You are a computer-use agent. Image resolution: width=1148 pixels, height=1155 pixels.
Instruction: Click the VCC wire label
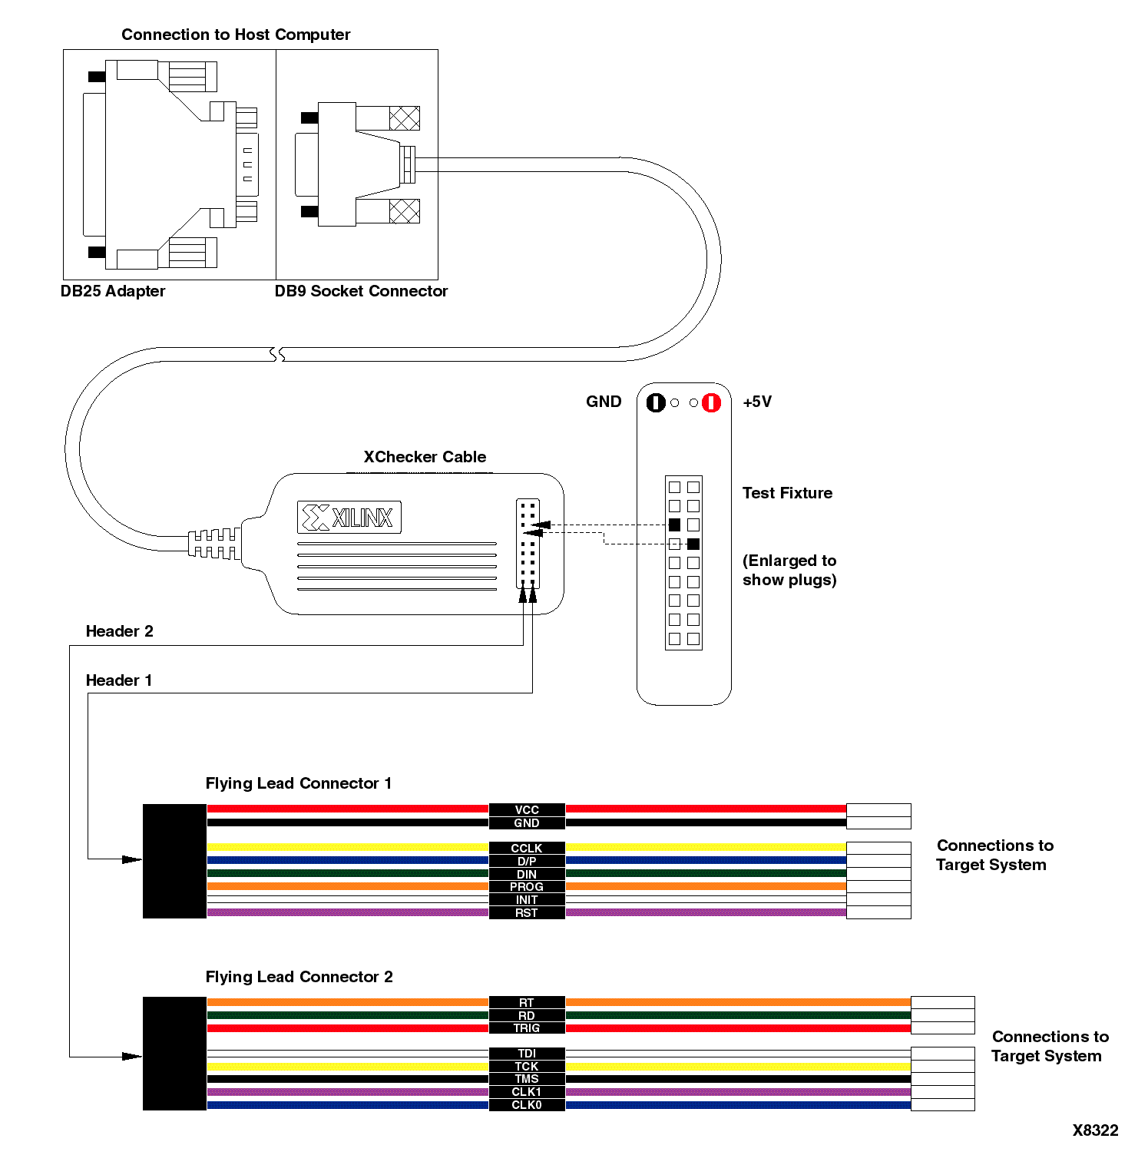[527, 809]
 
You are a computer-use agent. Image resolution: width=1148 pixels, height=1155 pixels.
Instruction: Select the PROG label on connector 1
[527, 887]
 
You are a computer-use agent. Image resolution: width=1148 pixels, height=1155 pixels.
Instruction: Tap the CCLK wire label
[527, 848]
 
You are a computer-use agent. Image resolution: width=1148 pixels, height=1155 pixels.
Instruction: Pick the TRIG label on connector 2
[527, 1028]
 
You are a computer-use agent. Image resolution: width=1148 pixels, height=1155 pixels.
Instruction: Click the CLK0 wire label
[527, 1105]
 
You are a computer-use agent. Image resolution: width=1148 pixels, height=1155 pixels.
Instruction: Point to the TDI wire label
[527, 1054]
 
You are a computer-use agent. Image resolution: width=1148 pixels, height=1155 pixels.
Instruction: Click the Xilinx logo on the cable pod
[349, 518]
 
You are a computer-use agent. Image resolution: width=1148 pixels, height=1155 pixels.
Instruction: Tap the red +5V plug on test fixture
[712, 402]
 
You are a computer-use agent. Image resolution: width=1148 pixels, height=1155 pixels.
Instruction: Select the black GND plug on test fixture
[655, 402]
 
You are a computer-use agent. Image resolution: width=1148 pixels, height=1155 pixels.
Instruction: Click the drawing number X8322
[1095, 1130]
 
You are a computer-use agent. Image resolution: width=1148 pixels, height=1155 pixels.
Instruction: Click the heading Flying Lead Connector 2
[299, 977]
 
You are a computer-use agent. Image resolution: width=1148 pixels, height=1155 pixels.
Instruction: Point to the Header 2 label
[119, 631]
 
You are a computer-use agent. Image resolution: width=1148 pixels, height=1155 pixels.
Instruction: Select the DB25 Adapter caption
[113, 291]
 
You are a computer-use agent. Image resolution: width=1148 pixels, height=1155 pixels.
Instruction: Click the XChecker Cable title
[425, 457]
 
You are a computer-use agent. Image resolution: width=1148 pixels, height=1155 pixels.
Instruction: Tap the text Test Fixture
[787, 493]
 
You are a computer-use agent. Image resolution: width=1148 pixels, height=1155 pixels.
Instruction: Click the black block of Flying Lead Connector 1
[174, 861]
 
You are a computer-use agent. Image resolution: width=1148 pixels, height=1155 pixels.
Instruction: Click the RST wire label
[527, 913]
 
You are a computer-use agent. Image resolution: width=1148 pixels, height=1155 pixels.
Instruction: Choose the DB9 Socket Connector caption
[361, 291]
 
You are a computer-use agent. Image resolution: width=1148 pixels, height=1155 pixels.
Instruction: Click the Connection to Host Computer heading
[236, 35]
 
